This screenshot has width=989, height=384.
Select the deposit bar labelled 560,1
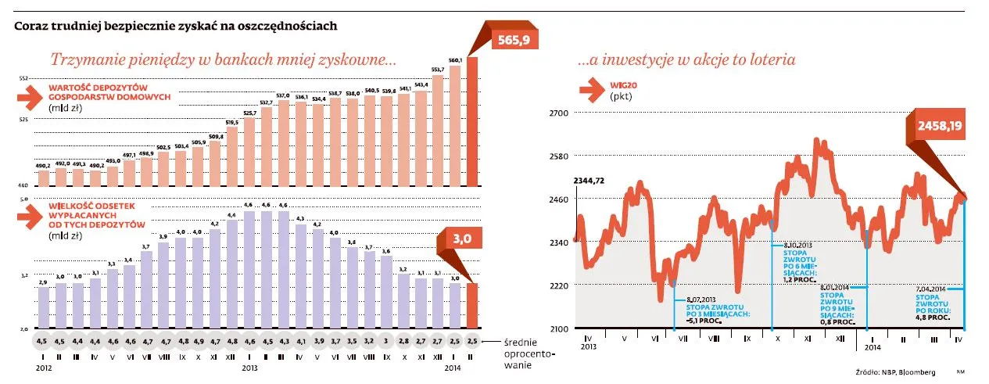(x=455, y=125)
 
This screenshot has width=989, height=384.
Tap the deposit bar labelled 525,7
(x=249, y=152)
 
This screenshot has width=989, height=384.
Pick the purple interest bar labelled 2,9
(x=43, y=308)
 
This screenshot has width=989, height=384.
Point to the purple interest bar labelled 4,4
(x=232, y=274)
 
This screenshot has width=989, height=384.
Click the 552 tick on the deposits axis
(x=23, y=78)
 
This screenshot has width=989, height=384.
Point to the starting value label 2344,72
(x=589, y=181)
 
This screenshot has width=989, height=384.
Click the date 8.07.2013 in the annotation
(x=701, y=300)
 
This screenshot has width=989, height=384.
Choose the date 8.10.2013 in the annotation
(x=797, y=244)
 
